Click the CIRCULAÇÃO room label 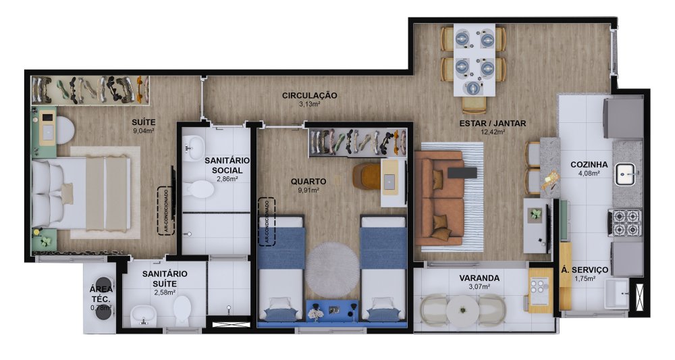(310, 95)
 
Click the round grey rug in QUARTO (332, 269)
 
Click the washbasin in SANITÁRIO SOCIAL (194, 148)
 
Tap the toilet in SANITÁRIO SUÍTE (182, 311)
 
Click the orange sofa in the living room (439, 198)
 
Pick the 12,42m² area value (493, 132)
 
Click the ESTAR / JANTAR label (493, 123)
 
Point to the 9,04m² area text (144, 131)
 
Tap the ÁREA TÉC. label (101, 294)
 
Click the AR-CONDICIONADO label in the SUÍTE (166, 211)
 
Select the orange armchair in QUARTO (367, 176)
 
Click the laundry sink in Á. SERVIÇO (617, 293)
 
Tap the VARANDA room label (479, 278)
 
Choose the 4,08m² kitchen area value (589, 173)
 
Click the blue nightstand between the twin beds (332, 311)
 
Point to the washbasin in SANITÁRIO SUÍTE (143, 315)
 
